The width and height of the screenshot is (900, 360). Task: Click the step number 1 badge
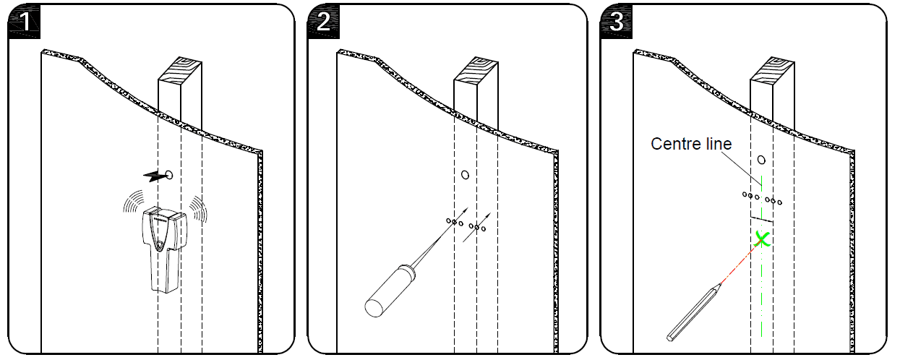25,21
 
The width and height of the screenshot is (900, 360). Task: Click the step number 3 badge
616,21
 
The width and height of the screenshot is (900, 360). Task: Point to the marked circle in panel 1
169,174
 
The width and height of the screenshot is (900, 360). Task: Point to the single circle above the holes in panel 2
465,174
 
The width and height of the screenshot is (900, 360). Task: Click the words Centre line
691,144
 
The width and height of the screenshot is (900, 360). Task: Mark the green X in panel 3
760,239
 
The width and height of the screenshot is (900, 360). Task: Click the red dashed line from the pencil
737,260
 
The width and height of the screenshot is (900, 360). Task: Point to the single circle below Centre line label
760,160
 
